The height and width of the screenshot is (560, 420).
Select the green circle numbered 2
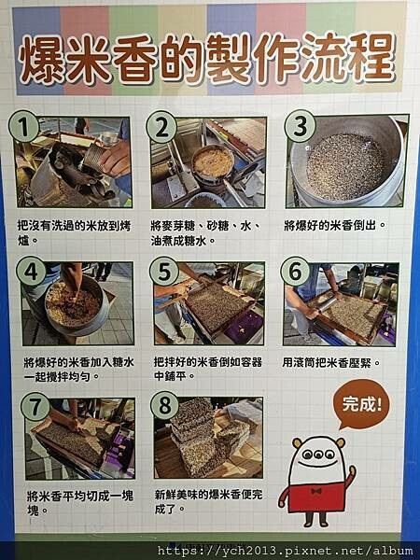tap(162, 128)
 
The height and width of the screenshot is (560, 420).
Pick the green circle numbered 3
tap(300, 127)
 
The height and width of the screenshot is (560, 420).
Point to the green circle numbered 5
tap(165, 273)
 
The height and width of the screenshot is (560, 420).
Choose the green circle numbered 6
tap(296, 273)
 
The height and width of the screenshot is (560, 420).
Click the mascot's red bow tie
tap(316, 488)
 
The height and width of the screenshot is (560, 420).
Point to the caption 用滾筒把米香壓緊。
tap(331, 362)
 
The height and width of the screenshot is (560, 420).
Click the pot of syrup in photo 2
tap(213, 163)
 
